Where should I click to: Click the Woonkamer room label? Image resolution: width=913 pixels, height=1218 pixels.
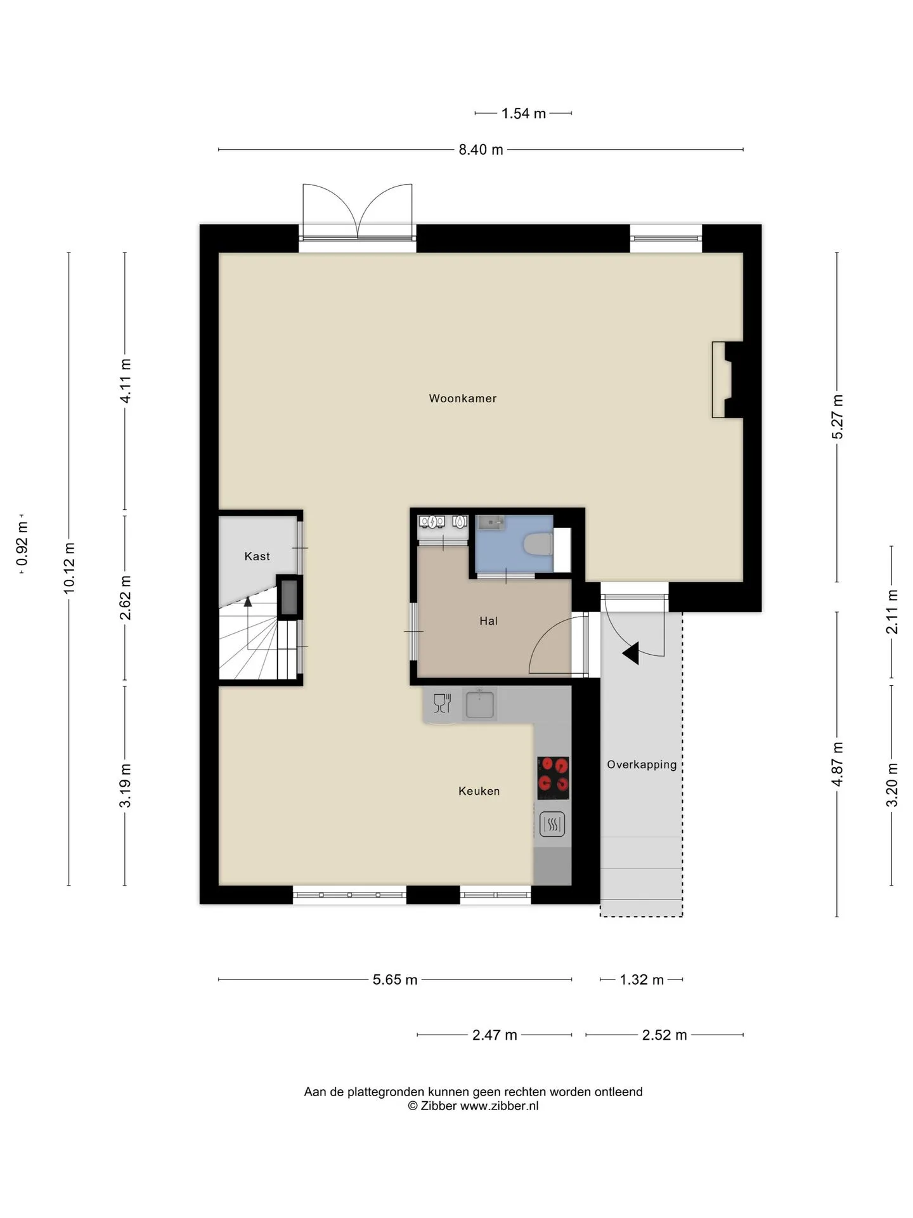[x=463, y=398]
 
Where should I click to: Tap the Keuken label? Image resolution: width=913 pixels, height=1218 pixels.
[x=479, y=791]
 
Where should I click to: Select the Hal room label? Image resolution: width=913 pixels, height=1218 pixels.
[x=488, y=621]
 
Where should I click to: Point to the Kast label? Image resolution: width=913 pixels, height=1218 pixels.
[x=257, y=556]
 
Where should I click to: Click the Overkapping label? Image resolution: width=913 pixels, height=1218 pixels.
[x=642, y=765]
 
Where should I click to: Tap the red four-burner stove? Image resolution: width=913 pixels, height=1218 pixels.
[x=553, y=778]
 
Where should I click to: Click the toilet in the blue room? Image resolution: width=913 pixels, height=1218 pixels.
[x=539, y=545]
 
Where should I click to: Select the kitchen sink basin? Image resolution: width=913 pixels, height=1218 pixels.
[x=480, y=704]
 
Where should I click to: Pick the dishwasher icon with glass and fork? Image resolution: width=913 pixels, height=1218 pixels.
[x=442, y=703]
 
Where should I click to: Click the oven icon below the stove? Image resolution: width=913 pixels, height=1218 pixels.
[x=552, y=825]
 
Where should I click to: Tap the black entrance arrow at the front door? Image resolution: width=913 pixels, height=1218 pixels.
[x=631, y=653]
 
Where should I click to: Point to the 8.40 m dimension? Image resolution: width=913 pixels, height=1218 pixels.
[x=481, y=150]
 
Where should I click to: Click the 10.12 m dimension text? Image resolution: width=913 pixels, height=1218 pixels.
[x=69, y=568]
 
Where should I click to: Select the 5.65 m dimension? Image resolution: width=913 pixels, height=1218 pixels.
[x=395, y=979]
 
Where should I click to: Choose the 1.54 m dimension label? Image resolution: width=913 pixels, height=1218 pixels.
[x=524, y=114]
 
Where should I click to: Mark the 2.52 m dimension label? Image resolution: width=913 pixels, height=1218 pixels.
[x=664, y=1035]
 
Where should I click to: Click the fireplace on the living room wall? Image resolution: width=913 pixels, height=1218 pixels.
[x=727, y=380]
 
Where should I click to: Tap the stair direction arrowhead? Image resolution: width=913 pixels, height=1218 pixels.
[x=248, y=601]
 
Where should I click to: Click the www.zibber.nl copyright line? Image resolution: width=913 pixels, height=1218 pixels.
[x=473, y=1106]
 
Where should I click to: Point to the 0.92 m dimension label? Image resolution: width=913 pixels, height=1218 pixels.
[x=23, y=544]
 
